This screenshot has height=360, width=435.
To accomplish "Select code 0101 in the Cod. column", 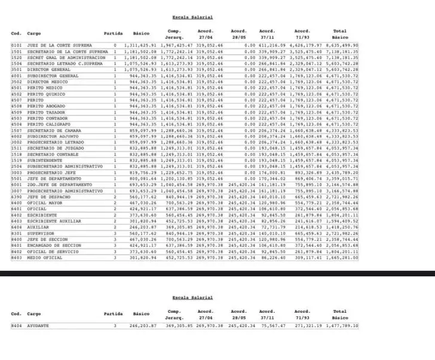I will (x=16, y=45).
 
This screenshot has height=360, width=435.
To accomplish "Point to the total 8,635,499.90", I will (x=344, y=45).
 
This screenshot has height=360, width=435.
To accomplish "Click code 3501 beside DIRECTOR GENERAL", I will (x=16, y=69).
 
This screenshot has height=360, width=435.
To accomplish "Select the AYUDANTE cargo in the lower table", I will (x=38, y=326).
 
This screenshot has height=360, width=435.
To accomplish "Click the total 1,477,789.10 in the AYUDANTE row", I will (x=344, y=326).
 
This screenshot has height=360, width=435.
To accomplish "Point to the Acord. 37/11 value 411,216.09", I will (x=273, y=45).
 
